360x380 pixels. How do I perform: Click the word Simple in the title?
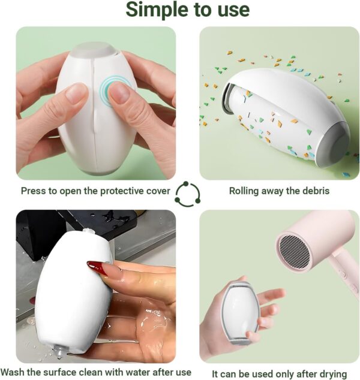pos(157,10)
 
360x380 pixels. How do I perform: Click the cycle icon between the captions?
pos(188,194)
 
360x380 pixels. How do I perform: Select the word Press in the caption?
pos(33,191)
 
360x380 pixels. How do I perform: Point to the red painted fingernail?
pos(98,267)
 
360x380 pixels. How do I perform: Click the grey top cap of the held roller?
pos(94,49)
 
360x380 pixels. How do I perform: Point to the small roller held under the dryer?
pos(239,312)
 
